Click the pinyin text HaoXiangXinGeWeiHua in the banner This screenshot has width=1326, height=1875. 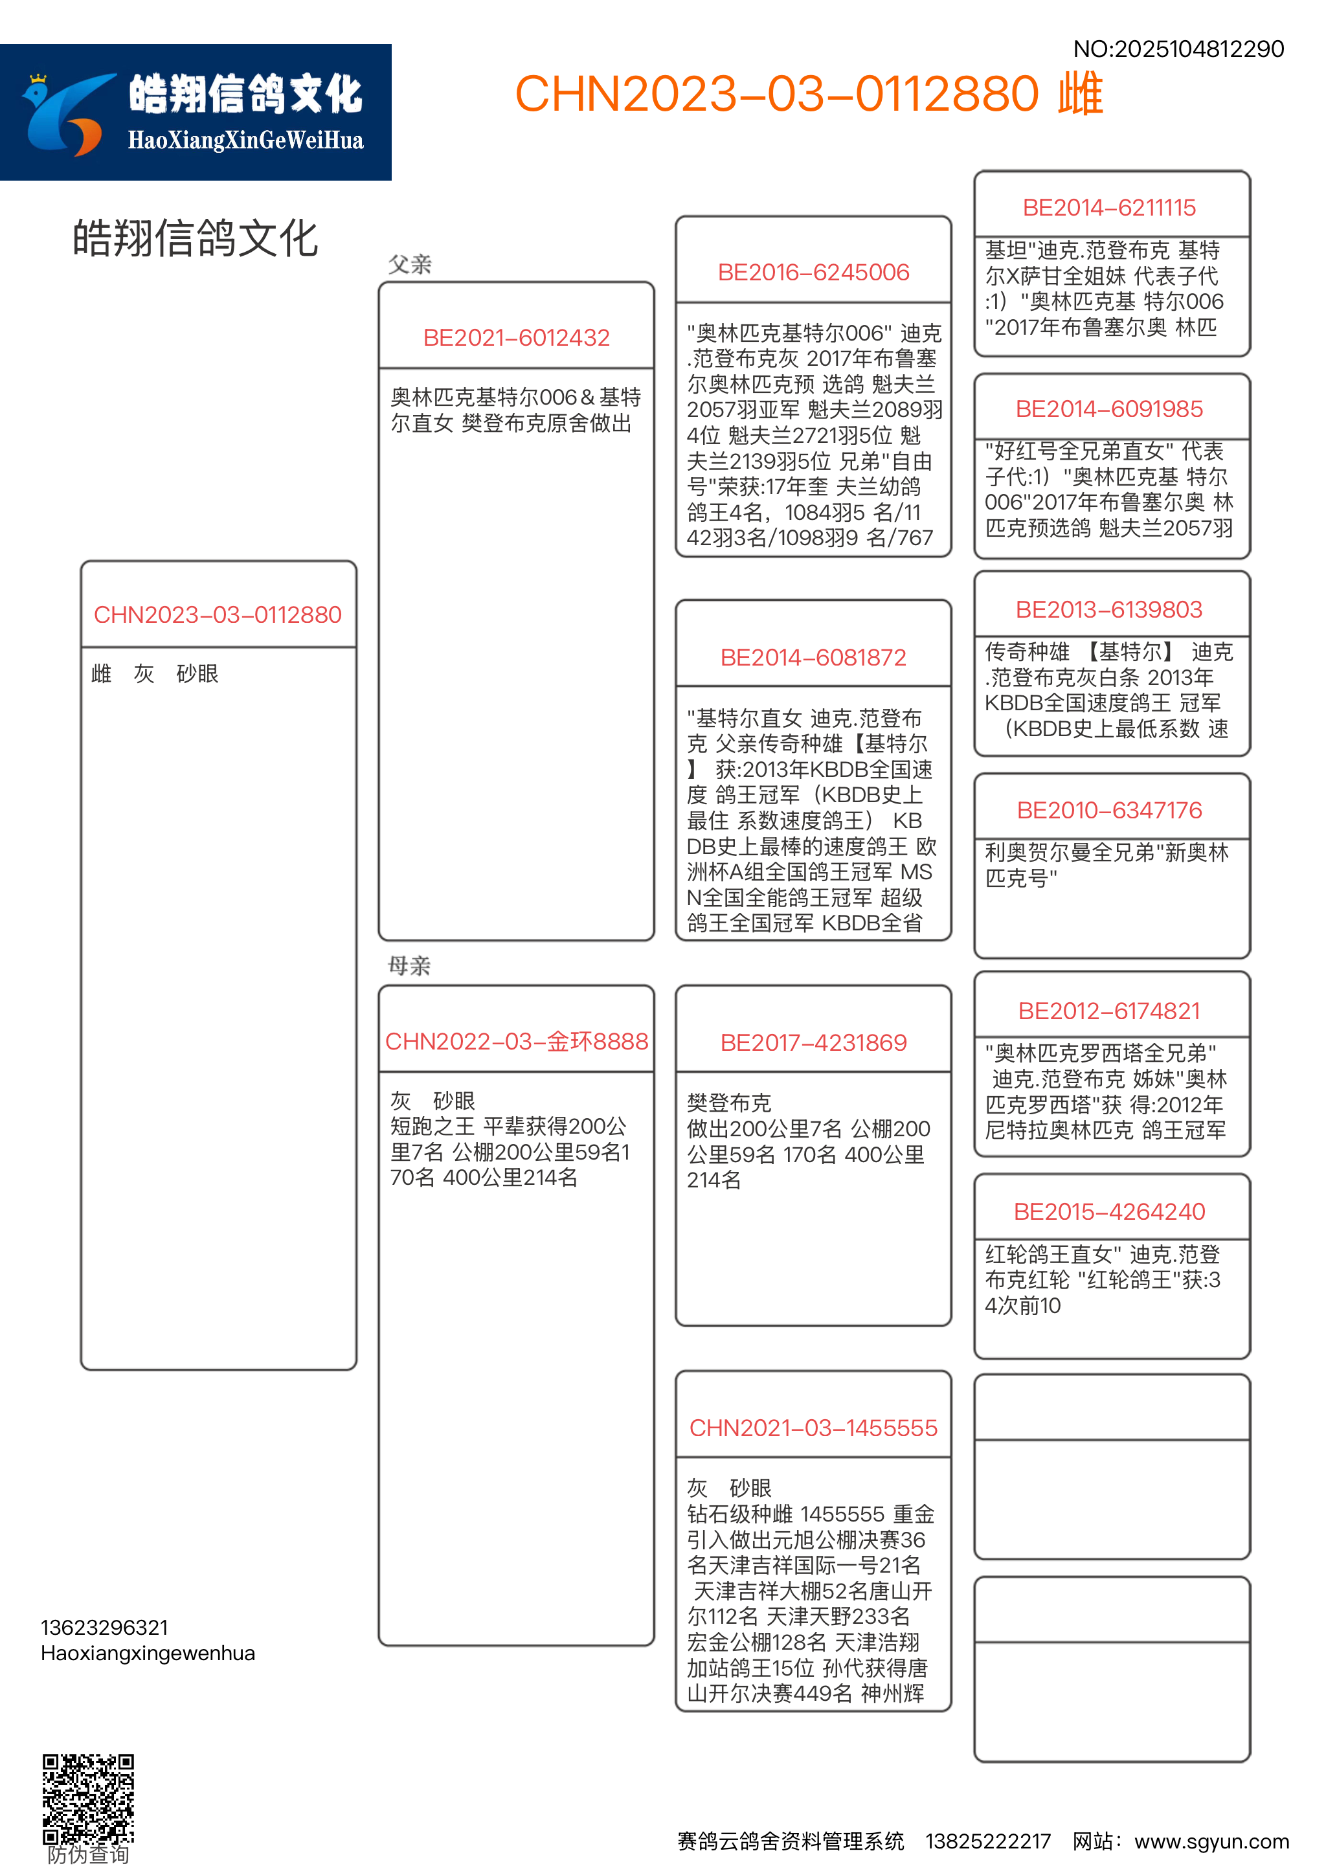[x=245, y=141]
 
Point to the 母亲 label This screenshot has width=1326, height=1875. [x=409, y=966]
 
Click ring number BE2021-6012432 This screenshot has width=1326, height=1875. [x=516, y=338]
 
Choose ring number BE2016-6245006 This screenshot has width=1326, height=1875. [x=813, y=273]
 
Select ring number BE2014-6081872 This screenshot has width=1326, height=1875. [x=813, y=657]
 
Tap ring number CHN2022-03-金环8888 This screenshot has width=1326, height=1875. [x=516, y=1042]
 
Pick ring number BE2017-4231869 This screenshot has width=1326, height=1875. [x=813, y=1043]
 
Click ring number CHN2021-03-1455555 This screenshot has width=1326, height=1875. [x=813, y=1428]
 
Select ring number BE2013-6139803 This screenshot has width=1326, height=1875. [x=1109, y=610]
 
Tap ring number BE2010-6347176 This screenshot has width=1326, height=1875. [x=1109, y=811]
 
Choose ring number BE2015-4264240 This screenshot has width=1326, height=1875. [x=1109, y=1212]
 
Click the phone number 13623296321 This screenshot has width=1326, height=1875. [x=104, y=1628]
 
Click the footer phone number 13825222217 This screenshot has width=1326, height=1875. [x=987, y=1841]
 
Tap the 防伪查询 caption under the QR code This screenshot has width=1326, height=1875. [x=88, y=1856]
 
